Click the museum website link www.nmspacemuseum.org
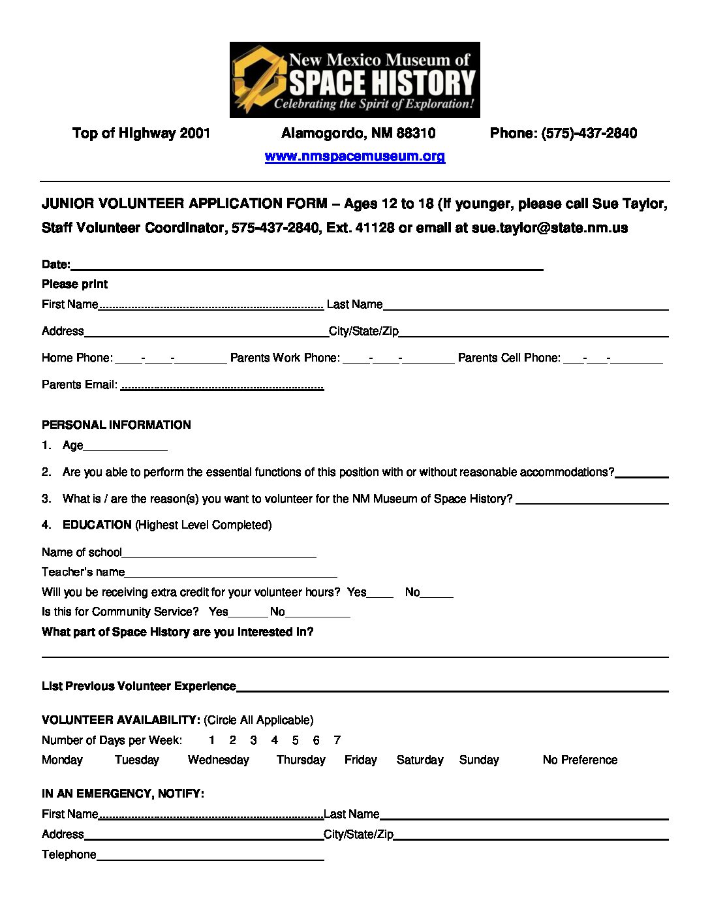pyautogui.click(x=354, y=156)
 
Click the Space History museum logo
pyautogui.click(x=354, y=80)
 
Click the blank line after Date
pyautogui.click(x=307, y=266)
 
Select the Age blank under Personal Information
pyautogui.click(x=125, y=447)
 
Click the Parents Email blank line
pyautogui.click(x=222, y=386)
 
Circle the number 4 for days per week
pyautogui.click(x=275, y=740)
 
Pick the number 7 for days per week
pyautogui.click(x=337, y=740)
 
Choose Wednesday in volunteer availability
pyautogui.click(x=219, y=760)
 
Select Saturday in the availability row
pyautogui.click(x=420, y=760)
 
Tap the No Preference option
pyautogui.click(x=579, y=760)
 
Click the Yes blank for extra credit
pyautogui.click(x=380, y=594)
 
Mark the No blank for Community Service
pyautogui.click(x=318, y=614)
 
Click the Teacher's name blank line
pyautogui.click(x=231, y=574)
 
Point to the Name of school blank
pyautogui.click(x=219, y=554)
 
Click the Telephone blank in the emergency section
pyautogui.click(x=210, y=856)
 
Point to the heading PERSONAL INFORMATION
pyautogui.click(x=116, y=425)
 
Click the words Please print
pyautogui.click(x=74, y=284)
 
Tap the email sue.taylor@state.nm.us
pyautogui.click(x=549, y=228)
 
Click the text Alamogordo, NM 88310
pyautogui.click(x=358, y=133)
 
